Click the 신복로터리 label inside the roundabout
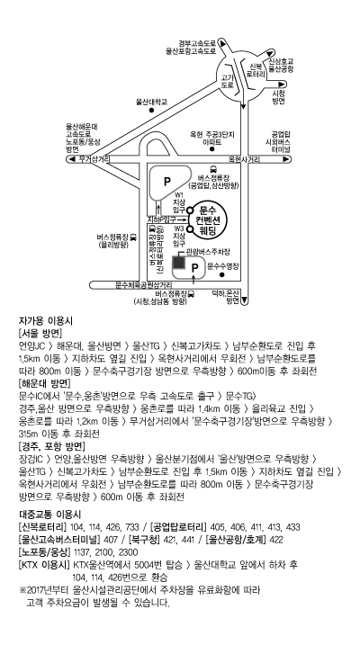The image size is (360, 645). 255,70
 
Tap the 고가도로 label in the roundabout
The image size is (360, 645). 227,81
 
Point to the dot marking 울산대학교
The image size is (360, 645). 152,111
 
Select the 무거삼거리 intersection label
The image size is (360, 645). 94,159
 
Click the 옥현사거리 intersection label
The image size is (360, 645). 245,159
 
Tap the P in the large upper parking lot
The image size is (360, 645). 166,182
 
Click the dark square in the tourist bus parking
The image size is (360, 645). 178,262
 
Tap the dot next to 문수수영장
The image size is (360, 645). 222,274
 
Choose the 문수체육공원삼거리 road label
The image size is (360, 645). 143,284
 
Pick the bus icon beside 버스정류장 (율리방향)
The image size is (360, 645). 133,237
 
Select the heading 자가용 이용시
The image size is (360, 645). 46,320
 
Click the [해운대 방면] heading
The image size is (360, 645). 44,383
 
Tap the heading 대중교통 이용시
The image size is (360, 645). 49,515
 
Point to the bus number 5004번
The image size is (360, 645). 147,565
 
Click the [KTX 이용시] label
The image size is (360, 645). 44,565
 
